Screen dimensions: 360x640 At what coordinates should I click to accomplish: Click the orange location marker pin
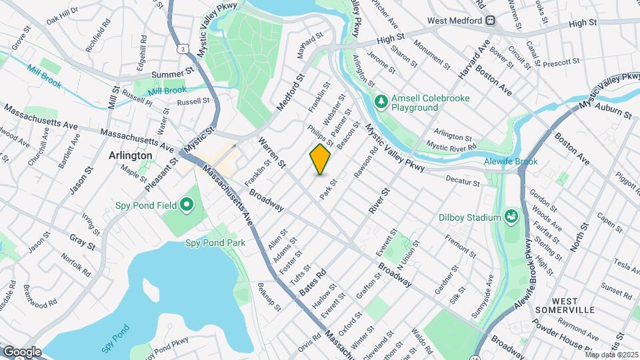pyautogui.click(x=321, y=159)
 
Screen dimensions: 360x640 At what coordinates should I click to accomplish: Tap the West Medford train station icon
pyautogui.click(x=491, y=21)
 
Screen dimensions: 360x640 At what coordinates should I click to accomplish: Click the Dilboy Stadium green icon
pyautogui.click(x=511, y=217)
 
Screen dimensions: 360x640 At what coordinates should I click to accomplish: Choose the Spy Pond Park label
pyautogui.click(x=215, y=243)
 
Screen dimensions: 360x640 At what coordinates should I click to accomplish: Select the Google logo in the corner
pyautogui.click(x=21, y=351)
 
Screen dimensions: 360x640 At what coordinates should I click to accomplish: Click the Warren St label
pyautogui.click(x=272, y=153)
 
